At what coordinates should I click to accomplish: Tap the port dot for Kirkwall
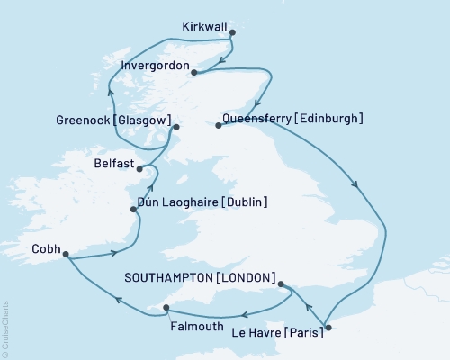232,33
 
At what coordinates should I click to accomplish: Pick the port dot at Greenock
176,127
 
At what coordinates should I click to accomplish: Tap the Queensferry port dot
218,126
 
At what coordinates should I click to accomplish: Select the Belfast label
112,165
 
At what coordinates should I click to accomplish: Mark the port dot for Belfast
139,168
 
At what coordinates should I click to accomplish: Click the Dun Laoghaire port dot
134,210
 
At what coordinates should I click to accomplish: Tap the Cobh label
47,247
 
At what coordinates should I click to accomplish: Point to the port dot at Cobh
66,255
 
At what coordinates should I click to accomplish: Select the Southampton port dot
283,285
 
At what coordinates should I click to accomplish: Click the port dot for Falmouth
166,309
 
